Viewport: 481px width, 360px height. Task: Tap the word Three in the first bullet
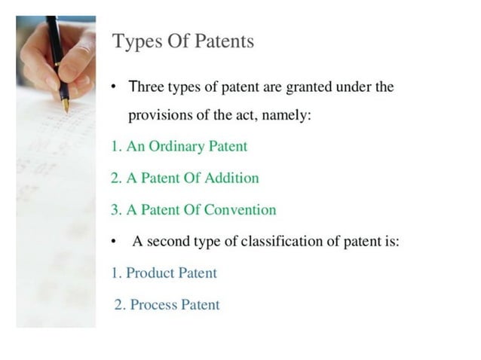(146, 87)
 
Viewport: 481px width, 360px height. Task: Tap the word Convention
(240, 209)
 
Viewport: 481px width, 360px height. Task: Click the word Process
(155, 304)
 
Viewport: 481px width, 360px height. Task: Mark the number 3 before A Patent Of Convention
(115, 209)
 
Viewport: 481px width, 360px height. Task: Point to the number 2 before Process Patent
(118, 304)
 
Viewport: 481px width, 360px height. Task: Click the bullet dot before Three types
(114, 87)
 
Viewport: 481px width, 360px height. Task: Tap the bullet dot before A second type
(114, 243)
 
